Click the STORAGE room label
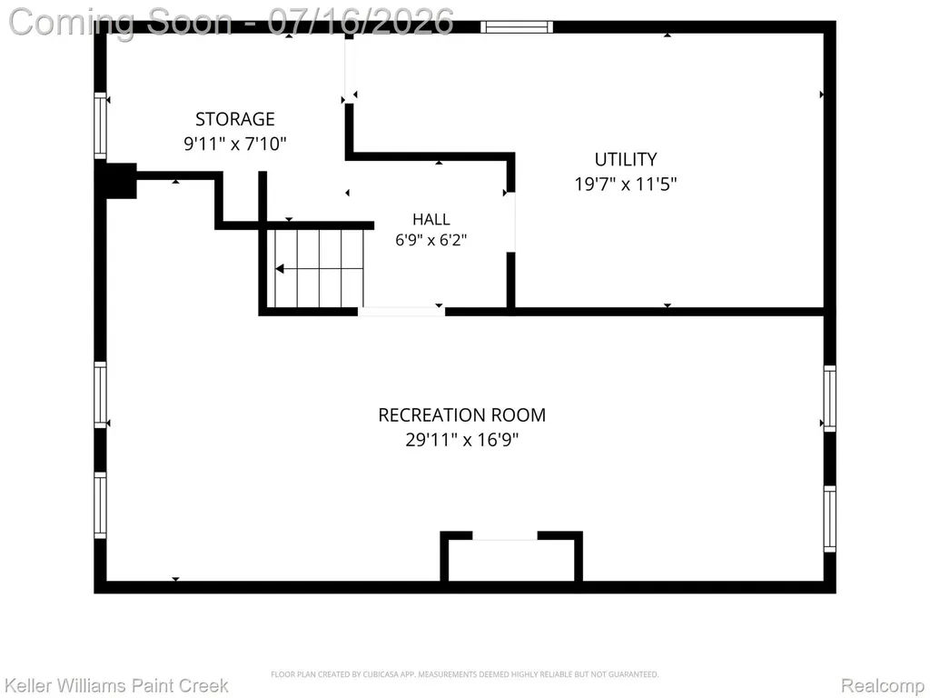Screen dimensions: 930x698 point(235,119)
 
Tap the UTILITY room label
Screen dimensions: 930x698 point(626,160)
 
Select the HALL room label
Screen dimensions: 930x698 point(431,220)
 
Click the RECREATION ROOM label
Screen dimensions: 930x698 point(462,414)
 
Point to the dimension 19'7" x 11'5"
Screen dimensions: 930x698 point(625,184)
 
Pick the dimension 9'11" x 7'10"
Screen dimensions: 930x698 point(235,144)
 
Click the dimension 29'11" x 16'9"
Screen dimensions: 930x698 point(462,440)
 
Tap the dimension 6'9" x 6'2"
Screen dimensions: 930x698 point(431,240)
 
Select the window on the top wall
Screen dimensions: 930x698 point(517,26)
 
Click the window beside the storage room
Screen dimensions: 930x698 point(100,125)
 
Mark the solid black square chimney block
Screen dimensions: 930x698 point(119,181)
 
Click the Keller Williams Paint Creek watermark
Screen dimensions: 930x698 point(117,685)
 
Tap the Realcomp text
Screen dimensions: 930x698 point(883,685)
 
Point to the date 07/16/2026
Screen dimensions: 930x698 point(361,22)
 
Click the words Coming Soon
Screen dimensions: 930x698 point(121,22)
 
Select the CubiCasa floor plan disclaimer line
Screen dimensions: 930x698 point(464,674)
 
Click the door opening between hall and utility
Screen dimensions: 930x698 point(510,222)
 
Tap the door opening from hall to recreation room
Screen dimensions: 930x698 point(401,312)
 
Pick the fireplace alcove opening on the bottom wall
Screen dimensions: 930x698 point(505,535)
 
